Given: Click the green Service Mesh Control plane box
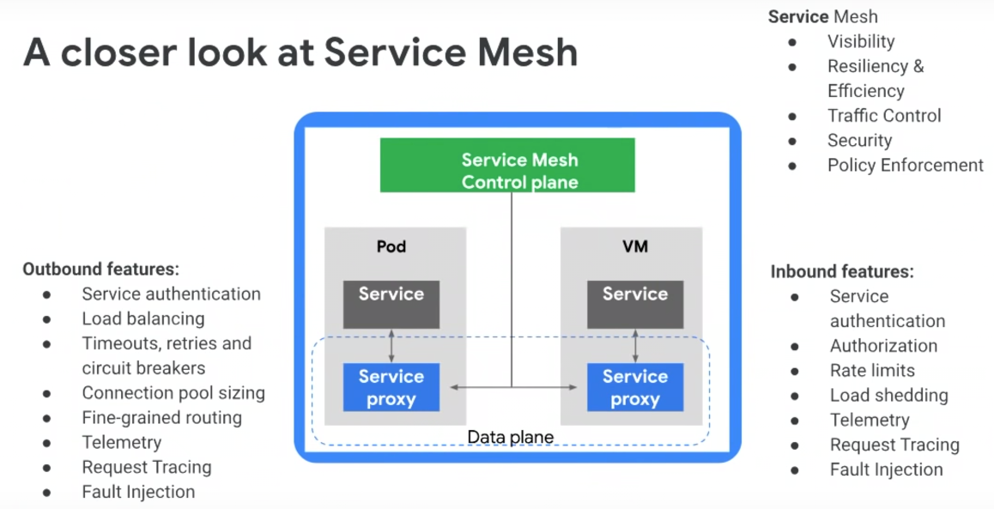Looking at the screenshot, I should (x=507, y=166).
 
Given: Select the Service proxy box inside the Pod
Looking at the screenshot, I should (x=391, y=388).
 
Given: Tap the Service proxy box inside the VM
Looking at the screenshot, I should (x=635, y=388).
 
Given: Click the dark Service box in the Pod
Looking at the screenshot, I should (x=391, y=304).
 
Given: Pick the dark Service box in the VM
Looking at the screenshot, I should (x=635, y=304).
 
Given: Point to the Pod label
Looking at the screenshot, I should (x=391, y=246).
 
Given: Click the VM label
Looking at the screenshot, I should (x=635, y=246).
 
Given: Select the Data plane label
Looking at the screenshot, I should (x=510, y=438).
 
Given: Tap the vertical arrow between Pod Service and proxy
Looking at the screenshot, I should (x=391, y=345).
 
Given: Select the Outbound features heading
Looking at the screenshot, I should (x=100, y=269).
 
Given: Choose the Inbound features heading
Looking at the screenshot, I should (x=842, y=271).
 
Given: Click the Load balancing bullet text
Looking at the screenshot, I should (x=143, y=318).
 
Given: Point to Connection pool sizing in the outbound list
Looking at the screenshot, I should (x=173, y=393).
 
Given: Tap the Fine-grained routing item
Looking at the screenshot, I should (x=162, y=418).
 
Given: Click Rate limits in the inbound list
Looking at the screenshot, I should (x=872, y=371).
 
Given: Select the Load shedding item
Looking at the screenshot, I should (x=889, y=396).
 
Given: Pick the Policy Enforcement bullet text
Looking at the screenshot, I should (x=906, y=165).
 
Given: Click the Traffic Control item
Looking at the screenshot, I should (x=884, y=116).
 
